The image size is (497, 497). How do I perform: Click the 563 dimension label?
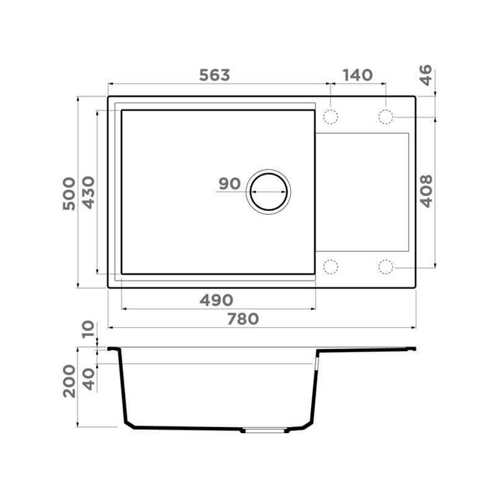pyautogui.click(x=215, y=75)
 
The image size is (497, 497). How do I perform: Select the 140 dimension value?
pyautogui.click(x=357, y=75)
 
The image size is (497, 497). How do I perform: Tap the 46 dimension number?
pyautogui.click(x=426, y=75)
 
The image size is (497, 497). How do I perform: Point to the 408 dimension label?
pyautogui.click(x=426, y=191)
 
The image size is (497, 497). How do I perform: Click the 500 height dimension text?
pyautogui.click(x=69, y=193)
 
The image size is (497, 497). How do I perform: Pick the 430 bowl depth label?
pyautogui.click(x=88, y=192)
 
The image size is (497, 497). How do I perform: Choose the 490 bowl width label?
pyautogui.click(x=216, y=300)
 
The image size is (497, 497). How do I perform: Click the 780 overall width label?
pyautogui.click(x=243, y=319)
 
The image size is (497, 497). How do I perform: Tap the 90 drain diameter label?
pyautogui.click(x=230, y=183)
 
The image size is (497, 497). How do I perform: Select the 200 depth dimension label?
pyautogui.click(x=69, y=381)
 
